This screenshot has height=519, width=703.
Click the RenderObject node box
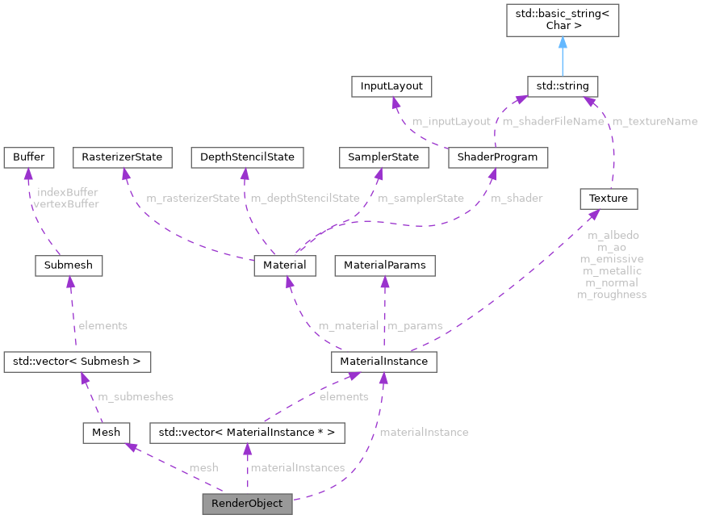point(246,503)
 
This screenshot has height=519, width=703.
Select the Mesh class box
point(106,433)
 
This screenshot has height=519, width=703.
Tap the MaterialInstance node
point(384,362)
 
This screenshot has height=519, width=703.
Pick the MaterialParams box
point(384,265)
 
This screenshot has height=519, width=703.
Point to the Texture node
point(609,197)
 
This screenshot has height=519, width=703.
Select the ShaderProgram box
point(497,157)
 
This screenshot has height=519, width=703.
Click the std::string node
point(562,86)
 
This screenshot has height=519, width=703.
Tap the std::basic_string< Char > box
point(562,20)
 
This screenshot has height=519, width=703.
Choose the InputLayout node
point(391,86)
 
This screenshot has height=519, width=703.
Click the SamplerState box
point(383,157)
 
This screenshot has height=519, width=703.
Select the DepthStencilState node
point(247,157)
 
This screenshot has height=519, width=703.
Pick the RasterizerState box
point(122,157)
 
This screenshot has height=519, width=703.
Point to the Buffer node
point(28,157)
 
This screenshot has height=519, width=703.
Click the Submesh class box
point(69,265)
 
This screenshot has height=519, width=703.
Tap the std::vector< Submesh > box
point(77,362)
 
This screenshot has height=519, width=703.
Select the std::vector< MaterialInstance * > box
point(247,433)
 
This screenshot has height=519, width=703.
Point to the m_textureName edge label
point(654,121)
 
